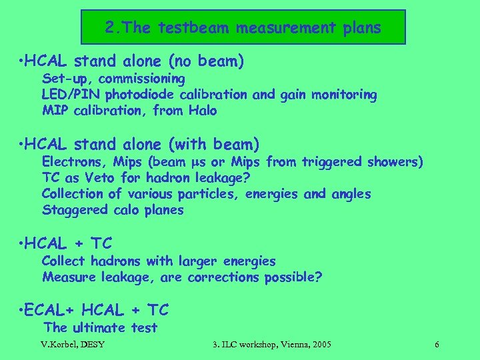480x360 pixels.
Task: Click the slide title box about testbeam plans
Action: click(243, 27)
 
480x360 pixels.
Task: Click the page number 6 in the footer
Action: click(436, 344)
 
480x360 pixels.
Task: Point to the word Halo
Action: click(203, 111)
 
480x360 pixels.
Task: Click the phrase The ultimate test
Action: click(100, 327)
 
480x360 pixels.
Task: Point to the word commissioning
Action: click(138, 79)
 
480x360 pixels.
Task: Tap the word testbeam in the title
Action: click(181, 28)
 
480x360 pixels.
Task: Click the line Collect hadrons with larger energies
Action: click(159, 261)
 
